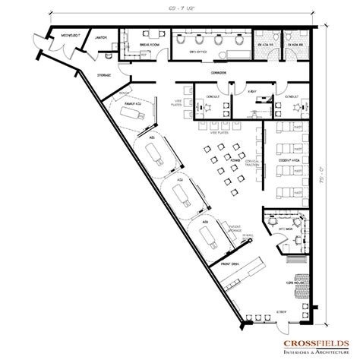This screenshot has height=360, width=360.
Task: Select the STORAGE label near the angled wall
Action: click(x=105, y=74)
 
